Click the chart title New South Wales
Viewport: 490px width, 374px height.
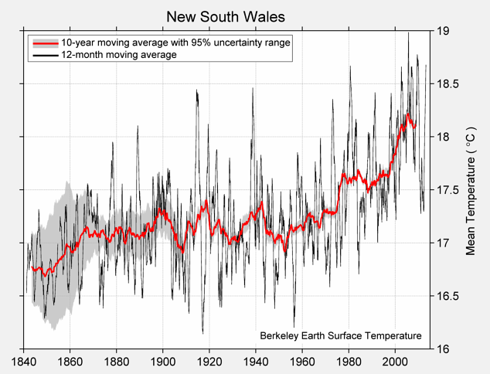coord(226,16)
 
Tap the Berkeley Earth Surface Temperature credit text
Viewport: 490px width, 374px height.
coord(340,336)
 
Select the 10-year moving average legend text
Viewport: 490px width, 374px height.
coord(175,42)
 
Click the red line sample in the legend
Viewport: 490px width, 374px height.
coord(44,42)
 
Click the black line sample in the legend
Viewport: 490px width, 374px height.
coord(44,55)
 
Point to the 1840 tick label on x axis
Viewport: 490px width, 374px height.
coord(23,361)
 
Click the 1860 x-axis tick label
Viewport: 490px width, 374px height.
coord(70,361)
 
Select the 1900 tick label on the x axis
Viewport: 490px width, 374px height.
coord(163,361)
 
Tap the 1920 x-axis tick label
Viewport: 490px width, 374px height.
coord(209,361)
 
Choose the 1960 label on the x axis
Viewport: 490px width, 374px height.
coord(302,361)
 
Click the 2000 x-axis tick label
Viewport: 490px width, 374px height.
coord(395,361)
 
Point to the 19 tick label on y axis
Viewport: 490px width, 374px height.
coord(442,31)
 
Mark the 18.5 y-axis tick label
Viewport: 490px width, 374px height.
coord(447,84)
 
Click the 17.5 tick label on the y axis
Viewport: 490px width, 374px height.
coord(447,190)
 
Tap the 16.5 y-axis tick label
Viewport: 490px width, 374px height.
coord(447,296)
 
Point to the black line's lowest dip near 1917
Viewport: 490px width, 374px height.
coord(202,333)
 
